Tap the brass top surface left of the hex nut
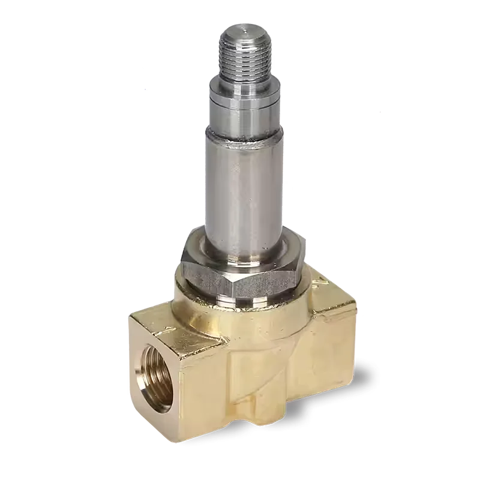[x=174, y=300]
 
